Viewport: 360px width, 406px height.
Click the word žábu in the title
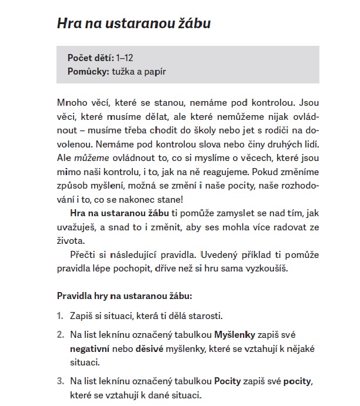click(191, 24)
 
